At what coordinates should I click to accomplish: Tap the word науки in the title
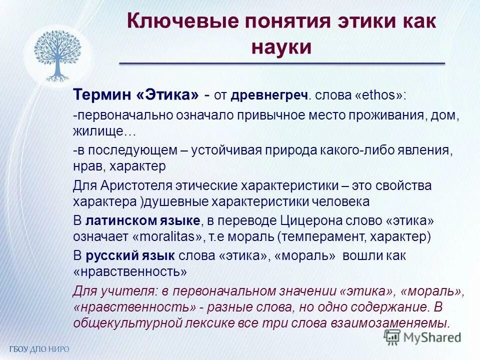pos(281,47)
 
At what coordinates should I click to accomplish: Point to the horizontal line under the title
pos(281,63)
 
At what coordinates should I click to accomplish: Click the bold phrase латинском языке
pos(143,221)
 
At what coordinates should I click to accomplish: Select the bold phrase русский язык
pos(130,255)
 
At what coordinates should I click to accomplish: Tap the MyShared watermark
pos(422,338)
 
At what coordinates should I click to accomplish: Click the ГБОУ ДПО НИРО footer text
pos(38,348)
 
